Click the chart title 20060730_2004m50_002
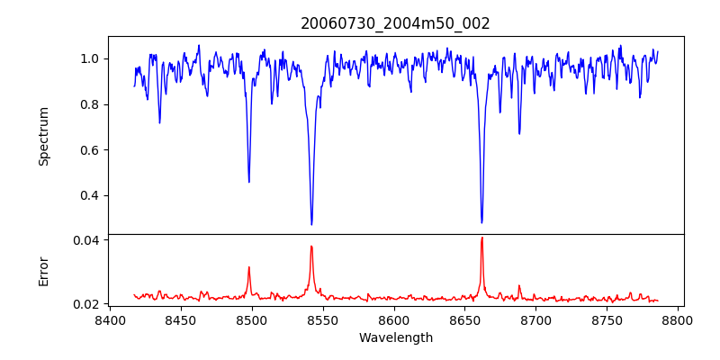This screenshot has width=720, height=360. [x=395, y=24]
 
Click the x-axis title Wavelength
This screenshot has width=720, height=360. [x=395, y=338]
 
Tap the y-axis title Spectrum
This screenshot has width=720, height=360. [x=43, y=136]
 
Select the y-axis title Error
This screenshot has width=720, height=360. [x=43, y=271]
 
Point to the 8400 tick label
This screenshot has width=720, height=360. [x=110, y=320]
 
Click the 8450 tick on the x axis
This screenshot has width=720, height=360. [x=181, y=320]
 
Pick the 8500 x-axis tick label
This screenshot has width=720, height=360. [x=252, y=320]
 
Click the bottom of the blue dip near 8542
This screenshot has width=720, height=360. [x=311, y=225]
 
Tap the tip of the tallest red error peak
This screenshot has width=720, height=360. [x=481, y=238]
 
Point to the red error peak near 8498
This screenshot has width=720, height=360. [x=249, y=267]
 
